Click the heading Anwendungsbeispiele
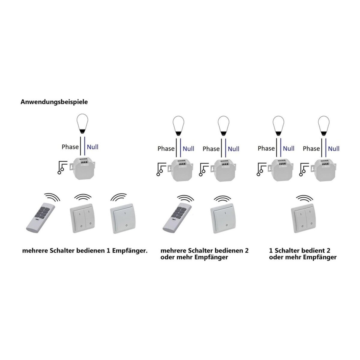click(54, 102)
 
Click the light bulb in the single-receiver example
click(82, 124)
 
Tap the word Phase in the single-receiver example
click(70, 147)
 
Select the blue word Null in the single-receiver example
click(93, 147)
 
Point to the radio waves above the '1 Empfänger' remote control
click(52, 197)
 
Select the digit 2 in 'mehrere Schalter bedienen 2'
click(247, 250)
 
